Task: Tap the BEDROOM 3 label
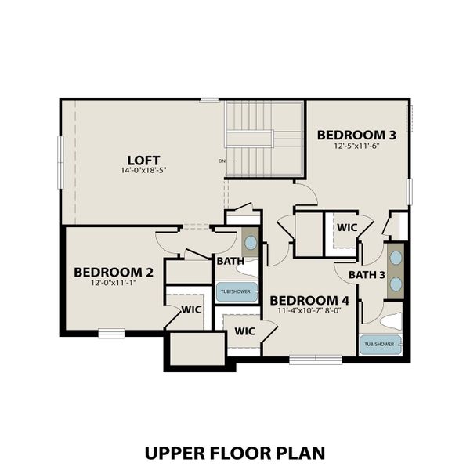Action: (x=356, y=135)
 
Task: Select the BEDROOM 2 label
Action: (x=114, y=272)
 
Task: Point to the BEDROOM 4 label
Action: (x=309, y=299)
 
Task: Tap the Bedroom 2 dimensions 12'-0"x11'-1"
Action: (x=114, y=284)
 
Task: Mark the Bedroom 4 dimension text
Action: (x=309, y=310)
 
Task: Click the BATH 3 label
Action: (x=367, y=274)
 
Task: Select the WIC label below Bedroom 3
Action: (x=347, y=227)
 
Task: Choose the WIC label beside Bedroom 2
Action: (x=191, y=309)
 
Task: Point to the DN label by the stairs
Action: (x=222, y=162)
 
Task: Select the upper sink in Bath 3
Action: (x=396, y=257)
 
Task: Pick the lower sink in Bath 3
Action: (x=396, y=284)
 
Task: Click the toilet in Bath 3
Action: (x=392, y=320)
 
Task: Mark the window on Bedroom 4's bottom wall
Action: (x=316, y=360)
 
